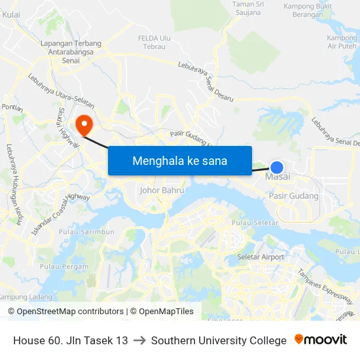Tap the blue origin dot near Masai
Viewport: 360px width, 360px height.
[x=277, y=168]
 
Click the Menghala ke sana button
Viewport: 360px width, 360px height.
[x=180, y=160]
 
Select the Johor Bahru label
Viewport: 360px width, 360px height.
[x=162, y=190]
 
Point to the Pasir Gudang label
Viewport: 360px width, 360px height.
[x=294, y=196]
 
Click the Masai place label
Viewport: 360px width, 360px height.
[x=278, y=177]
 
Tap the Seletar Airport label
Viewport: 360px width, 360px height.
[x=261, y=257]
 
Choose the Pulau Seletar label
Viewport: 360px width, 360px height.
[x=255, y=224]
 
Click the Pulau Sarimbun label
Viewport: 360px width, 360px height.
[x=86, y=232]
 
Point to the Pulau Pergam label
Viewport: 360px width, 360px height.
[x=63, y=266]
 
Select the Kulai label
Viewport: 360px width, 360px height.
[x=11, y=14]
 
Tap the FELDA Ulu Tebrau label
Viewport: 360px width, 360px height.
[x=154, y=42]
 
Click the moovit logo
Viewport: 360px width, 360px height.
[x=321, y=340]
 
